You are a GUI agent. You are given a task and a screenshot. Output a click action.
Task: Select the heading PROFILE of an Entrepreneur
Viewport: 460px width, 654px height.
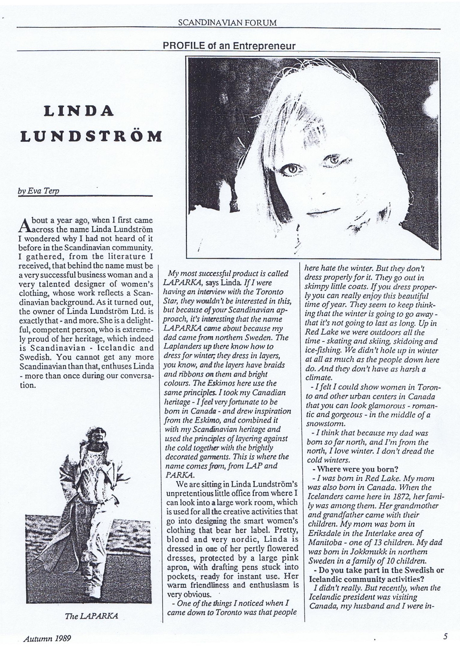pos(229,46)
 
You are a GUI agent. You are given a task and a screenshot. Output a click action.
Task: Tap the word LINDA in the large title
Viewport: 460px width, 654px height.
pos(79,111)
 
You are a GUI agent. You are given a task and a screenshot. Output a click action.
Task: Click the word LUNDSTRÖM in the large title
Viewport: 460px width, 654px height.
pos(91,137)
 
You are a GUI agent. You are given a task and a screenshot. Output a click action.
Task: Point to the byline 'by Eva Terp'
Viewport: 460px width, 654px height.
pos(38,191)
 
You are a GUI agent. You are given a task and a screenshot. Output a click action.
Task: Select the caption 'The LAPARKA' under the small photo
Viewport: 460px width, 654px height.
pos(92,616)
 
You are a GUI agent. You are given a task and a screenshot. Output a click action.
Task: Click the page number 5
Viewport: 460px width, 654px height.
pos(445,636)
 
